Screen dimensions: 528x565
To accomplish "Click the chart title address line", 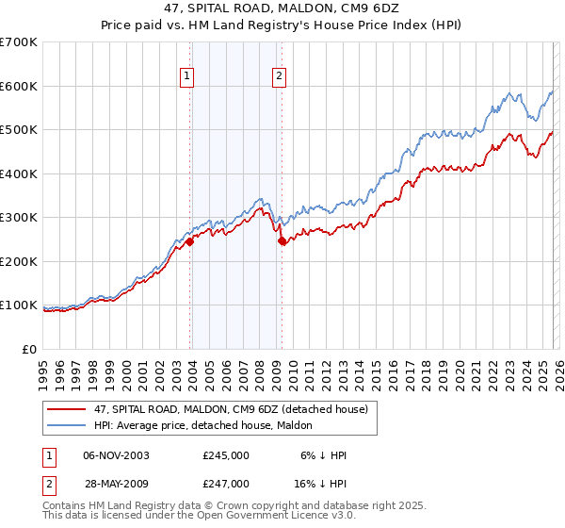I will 282,8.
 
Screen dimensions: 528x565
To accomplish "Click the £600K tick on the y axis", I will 19,86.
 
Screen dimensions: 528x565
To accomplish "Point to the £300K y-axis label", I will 19,218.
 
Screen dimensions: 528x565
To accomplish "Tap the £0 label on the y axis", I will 30,350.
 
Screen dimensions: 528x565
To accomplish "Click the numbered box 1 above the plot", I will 187,77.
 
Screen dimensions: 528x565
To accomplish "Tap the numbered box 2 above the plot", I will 280,77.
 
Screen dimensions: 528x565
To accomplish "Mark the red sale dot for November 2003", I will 190,241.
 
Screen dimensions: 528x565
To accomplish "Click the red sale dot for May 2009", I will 282,240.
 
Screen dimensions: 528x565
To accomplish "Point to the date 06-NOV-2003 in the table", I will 115,455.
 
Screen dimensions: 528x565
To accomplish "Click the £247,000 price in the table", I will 226,483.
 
